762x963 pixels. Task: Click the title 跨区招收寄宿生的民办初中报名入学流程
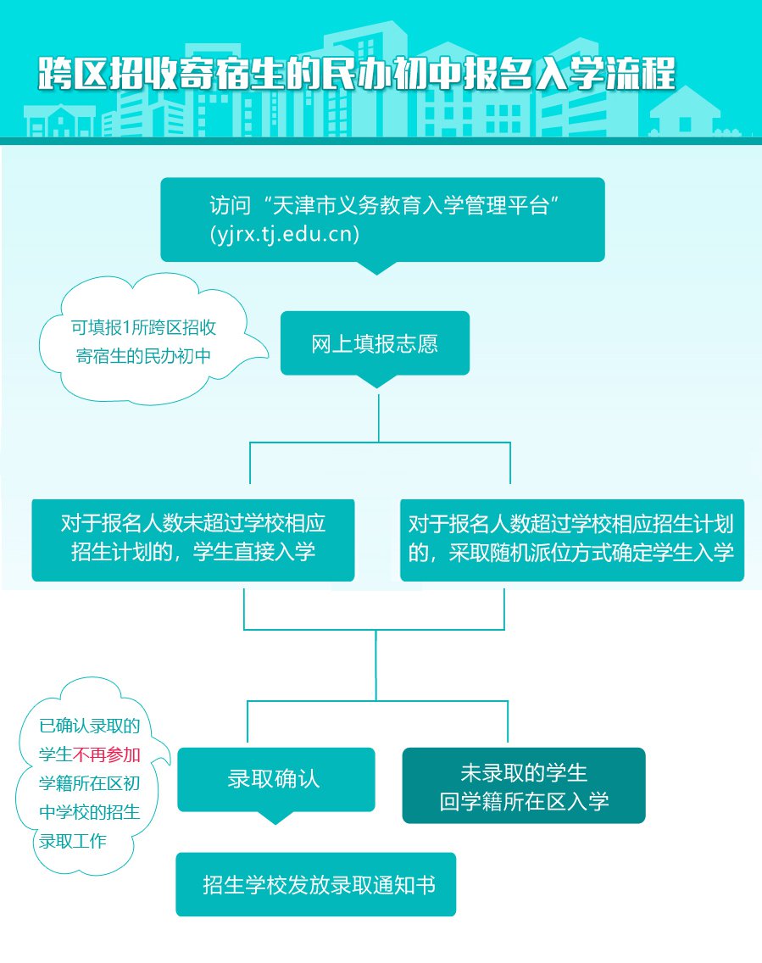click(357, 75)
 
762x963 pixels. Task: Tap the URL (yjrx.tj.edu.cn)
click(285, 234)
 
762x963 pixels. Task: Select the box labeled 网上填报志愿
click(374, 344)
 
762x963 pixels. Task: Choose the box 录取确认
click(275, 779)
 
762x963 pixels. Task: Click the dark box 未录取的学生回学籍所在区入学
click(523, 786)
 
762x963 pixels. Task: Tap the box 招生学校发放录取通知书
click(315, 884)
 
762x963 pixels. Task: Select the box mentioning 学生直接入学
click(192, 539)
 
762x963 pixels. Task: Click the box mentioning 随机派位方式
click(571, 539)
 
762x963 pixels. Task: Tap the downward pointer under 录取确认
click(274, 818)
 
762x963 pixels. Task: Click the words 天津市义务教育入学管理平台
click(415, 205)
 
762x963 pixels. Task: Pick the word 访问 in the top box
click(230, 205)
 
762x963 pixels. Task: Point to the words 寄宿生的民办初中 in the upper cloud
click(143, 356)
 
